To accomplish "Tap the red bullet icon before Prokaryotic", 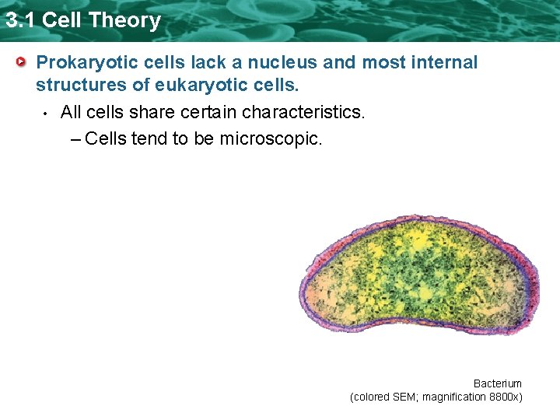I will click(24, 61).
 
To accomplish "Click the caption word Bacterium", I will click(497, 383).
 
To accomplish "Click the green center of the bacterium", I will click(420, 272).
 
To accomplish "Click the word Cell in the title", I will click(61, 19).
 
